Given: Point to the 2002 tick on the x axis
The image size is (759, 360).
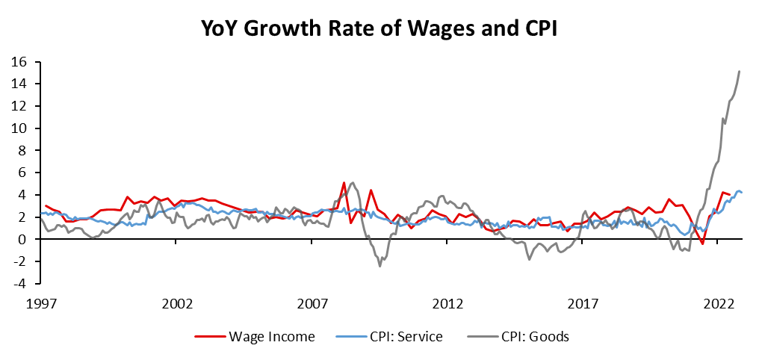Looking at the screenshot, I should pyautogui.click(x=178, y=304).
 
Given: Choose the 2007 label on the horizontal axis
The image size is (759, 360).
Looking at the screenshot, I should pyautogui.click(x=313, y=304).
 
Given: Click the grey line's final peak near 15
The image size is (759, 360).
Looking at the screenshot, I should pyautogui.click(x=739, y=72).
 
